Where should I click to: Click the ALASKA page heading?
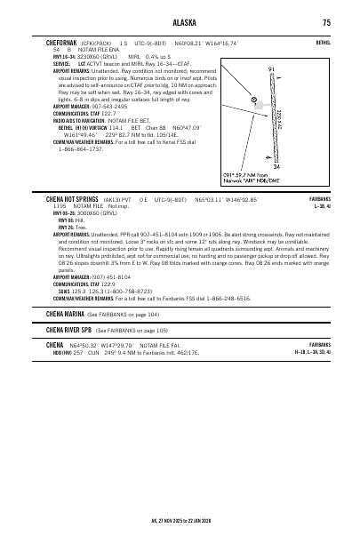click(180, 22)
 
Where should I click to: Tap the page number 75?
click(327, 22)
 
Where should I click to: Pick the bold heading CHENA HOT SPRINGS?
click(76, 225)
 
